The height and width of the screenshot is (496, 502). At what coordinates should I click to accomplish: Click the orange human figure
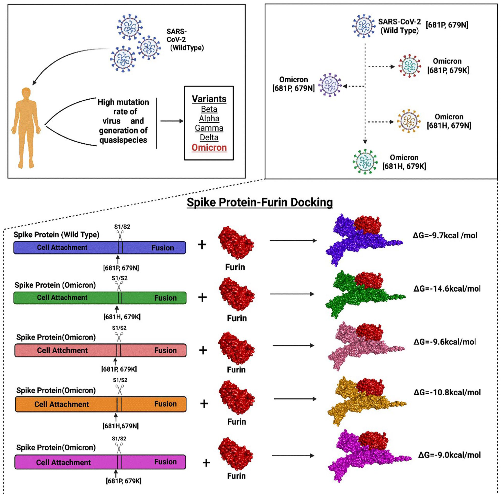(x=26, y=128)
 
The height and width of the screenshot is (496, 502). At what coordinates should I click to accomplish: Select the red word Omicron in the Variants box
(x=209, y=147)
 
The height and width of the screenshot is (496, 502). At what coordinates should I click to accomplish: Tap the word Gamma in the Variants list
(x=209, y=128)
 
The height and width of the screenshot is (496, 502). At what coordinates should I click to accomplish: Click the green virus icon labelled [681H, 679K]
(x=365, y=162)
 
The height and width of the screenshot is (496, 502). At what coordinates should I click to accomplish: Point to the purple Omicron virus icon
(x=330, y=85)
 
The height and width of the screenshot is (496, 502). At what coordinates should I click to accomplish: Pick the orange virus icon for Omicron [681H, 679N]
(x=409, y=121)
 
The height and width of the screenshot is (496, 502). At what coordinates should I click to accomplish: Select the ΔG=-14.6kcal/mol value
(x=447, y=289)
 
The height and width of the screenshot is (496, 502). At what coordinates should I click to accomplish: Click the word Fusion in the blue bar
(x=163, y=248)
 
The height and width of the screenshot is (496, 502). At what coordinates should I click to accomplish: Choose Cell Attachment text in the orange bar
(x=62, y=404)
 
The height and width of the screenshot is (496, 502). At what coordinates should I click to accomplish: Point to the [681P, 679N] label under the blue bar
(x=121, y=268)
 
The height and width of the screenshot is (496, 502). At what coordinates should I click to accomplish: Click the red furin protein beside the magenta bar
(x=236, y=454)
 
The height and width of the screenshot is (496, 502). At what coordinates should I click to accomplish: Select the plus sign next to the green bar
(x=202, y=297)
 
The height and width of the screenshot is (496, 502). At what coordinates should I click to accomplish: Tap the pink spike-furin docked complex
(x=365, y=346)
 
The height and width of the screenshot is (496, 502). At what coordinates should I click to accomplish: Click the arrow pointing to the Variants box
(x=172, y=121)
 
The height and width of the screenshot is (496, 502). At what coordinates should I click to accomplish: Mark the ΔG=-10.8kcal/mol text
(x=447, y=392)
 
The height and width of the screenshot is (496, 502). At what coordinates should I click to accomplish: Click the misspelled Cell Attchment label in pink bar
(x=62, y=350)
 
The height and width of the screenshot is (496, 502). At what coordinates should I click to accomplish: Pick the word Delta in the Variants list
(x=209, y=138)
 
